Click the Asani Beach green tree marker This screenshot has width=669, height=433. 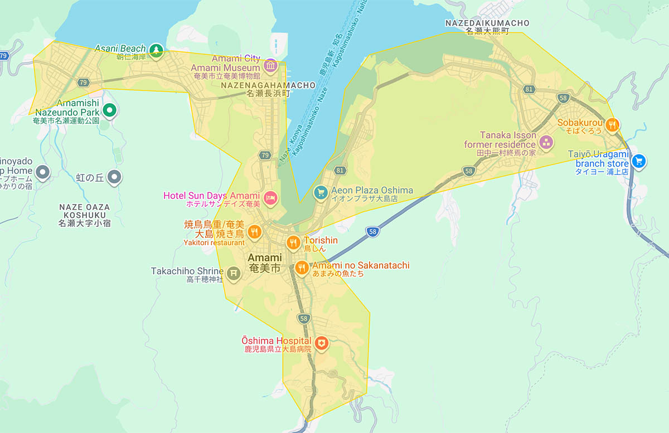tap(156, 50)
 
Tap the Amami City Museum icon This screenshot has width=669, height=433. tap(270, 66)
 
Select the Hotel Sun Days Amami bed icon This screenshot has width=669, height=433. tap(270, 198)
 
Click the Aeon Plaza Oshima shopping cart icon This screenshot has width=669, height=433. tap(320, 193)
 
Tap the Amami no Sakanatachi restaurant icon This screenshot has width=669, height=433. tap(302, 268)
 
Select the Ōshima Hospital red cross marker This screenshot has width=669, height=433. tap(321, 343)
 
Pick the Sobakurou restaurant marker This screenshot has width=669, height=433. tap(612, 125)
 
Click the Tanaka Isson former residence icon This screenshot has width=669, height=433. tap(546, 143)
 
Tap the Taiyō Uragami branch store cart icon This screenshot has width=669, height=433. tap(639, 161)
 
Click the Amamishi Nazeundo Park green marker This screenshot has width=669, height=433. tap(110, 110)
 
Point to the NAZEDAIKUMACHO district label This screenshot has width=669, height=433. tap(487, 23)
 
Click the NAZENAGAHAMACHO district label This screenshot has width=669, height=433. tap(268, 86)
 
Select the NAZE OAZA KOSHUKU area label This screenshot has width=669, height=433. tap(84, 211)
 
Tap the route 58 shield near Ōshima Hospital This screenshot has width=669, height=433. tap(304, 319)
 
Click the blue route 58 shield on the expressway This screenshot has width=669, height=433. tap(372, 232)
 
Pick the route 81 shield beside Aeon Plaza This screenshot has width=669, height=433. tap(341, 170)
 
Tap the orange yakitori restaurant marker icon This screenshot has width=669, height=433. tap(254, 231)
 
